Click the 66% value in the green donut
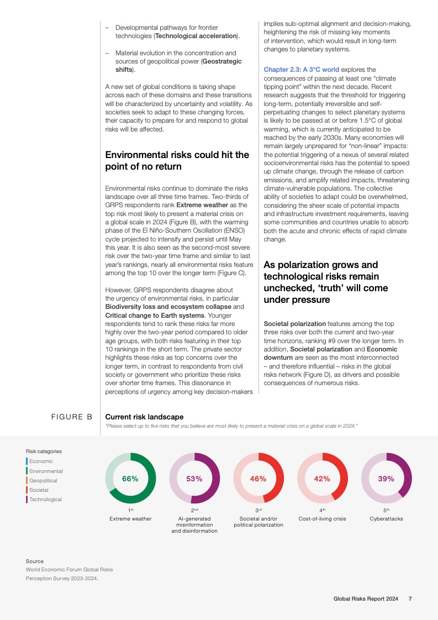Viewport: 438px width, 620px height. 130,479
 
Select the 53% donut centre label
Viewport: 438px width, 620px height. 194,479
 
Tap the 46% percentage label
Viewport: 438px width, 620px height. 258,479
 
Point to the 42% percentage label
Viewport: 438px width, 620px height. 322,479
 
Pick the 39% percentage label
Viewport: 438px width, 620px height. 386,479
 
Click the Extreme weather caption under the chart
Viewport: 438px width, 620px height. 130,519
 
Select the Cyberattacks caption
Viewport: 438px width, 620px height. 386,519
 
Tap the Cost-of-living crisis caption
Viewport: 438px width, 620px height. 322,519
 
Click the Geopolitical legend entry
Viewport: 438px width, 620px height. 43,481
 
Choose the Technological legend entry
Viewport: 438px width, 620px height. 45,500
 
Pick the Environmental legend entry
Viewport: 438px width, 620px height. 46,471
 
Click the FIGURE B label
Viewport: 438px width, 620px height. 72,417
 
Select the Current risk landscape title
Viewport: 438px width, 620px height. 144,417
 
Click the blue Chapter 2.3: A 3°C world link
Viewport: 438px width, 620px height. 301,70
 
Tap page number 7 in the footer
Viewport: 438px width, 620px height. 409,598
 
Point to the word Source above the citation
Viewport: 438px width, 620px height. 34,561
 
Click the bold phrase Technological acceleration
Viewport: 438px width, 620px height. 196,36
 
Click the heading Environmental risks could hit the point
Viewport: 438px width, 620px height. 177,160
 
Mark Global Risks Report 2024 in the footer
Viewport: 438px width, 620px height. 366,598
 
